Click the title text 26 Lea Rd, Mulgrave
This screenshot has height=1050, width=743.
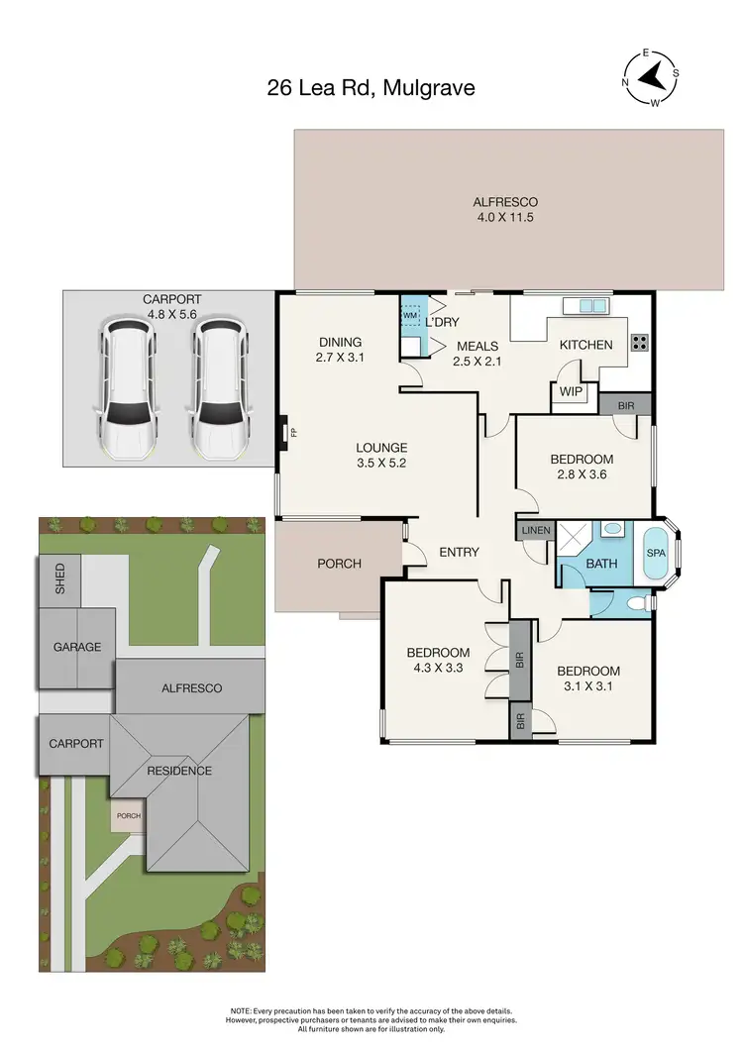pyautogui.click(x=371, y=88)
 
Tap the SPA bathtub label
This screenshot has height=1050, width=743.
pyautogui.click(x=656, y=552)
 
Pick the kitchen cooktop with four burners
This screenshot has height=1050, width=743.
pyautogui.click(x=639, y=344)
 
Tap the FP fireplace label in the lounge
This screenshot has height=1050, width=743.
pyautogui.click(x=282, y=432)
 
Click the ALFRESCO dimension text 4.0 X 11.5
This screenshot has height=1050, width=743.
pyautogui.click(x=503, y=217)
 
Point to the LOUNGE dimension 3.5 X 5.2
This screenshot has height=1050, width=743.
pyautogui.click(x=382, y=462)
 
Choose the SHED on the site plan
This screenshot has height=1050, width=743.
pyautogui.click(x=59, y=577)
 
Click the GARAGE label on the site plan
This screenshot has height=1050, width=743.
pyautogui.click(x=77, y=647)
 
